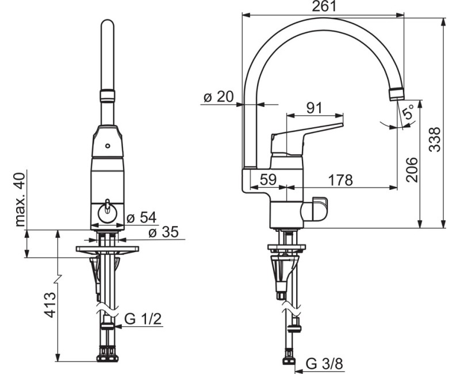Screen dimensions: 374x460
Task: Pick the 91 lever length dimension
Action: pyautogui.click(x=314, y=108)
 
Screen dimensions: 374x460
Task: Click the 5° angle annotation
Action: pyautogui.click(x=408, y=113)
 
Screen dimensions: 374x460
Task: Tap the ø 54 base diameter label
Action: pyautogui.click(x=141, y=217)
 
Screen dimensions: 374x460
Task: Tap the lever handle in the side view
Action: pyautogui.click(x=313, y=129)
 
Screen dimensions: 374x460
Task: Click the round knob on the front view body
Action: pyautogui.click(x=107, y=211)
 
